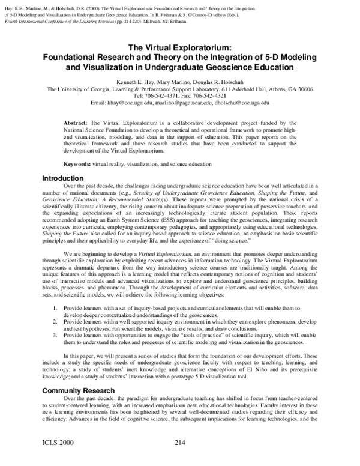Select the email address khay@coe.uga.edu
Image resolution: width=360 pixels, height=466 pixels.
(131, 103)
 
